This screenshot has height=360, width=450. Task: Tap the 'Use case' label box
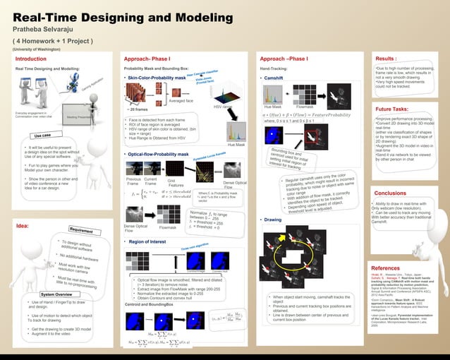coord(42,136)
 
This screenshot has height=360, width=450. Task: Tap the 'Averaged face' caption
coord(182,100)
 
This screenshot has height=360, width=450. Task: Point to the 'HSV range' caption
coord(222,107)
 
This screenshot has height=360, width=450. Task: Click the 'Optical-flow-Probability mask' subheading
coord(159,153)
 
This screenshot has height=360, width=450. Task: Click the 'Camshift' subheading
coord(273,78)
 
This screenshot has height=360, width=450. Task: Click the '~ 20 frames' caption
coord(138,110)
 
